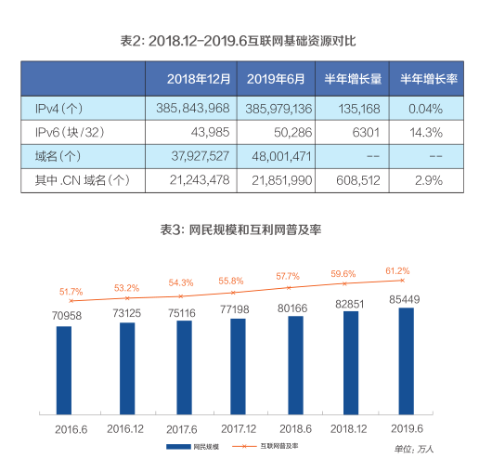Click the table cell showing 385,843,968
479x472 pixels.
[192, 109]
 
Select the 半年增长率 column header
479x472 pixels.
[429, 79]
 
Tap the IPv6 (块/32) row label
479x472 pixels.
[70, 133]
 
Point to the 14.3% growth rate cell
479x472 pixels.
[426, 133]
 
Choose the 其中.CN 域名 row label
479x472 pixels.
[82, 180]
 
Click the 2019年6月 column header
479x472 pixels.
[276, 79]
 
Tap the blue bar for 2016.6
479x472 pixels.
[64, 370]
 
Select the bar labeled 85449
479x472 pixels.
[407, 361]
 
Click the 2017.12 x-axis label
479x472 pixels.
[239, 429]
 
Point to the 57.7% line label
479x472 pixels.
[288, 276]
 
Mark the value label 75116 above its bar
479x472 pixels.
[182, 313]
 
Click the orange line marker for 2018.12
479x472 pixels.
[345, 283]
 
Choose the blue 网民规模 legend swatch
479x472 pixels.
[178, 447]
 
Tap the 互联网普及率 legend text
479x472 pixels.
[279, 446]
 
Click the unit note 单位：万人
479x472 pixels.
[414, 449]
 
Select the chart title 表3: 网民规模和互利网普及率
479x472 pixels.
[240, 229]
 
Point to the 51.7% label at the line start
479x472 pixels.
[71, 292]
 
